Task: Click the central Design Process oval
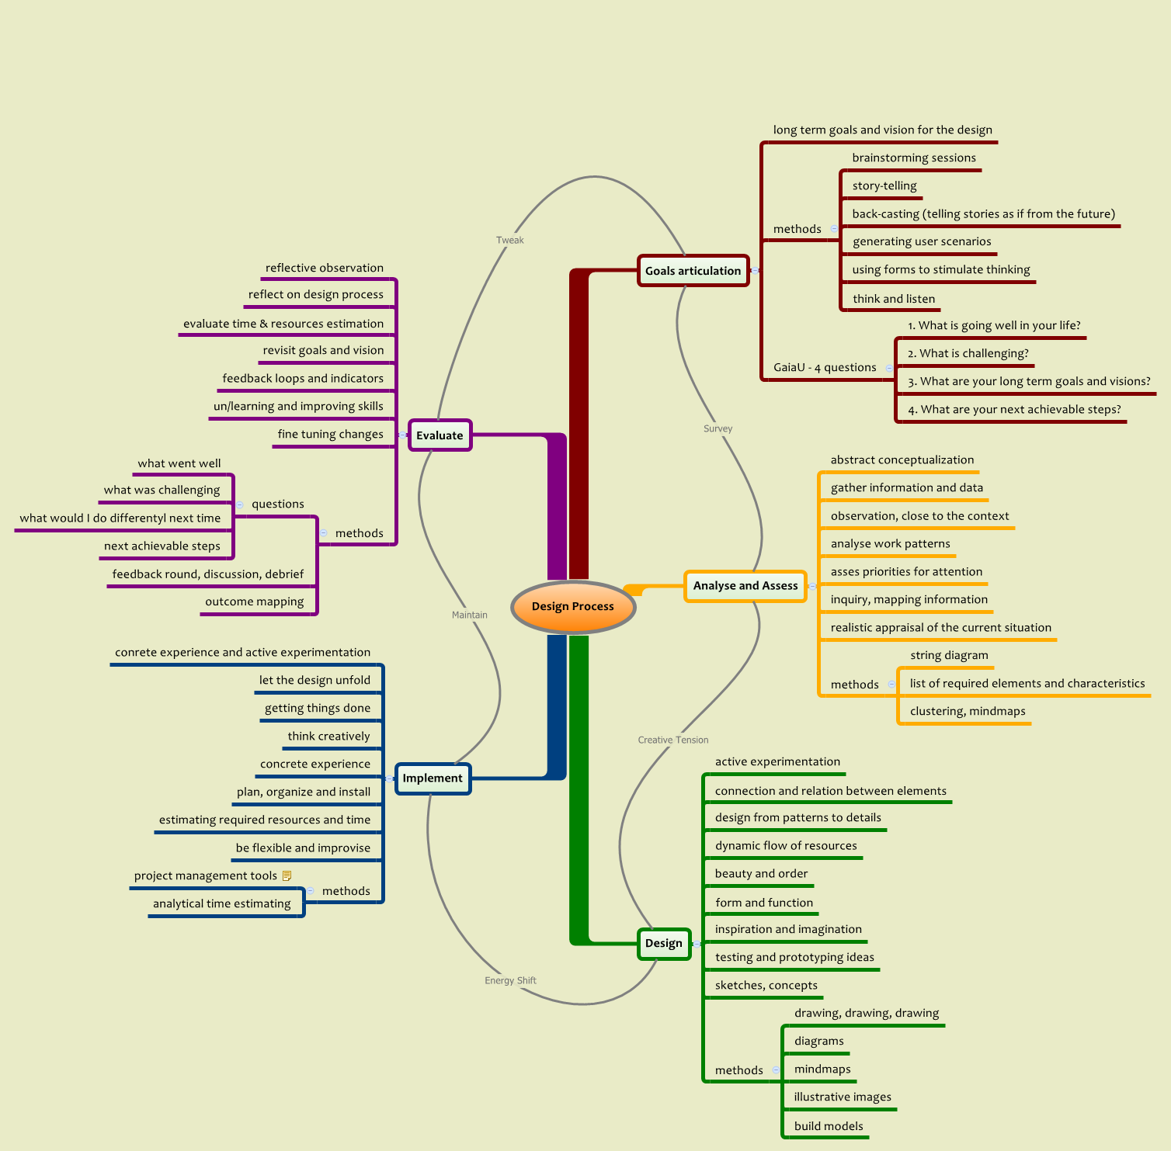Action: pyautogui.click(x=573, y=606)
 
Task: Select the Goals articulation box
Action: pyautogui.click(x=693, y=271)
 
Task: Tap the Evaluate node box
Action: pyautogui.click(x=440, y=435)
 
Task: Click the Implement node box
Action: pyautogui.click(x=433, y=778)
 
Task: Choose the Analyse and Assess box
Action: pyautogui.click(x=745, y=586)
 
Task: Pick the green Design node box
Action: pyautogui.click(x=664, y=944)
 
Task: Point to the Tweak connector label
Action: pyautogui.click(x=510, y=240)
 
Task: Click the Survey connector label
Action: pyautogui.click(x=718, y=428)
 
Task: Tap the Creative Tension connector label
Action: pyautogui.click(x=673, y=740)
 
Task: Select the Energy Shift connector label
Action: pyautogui.click(x=510, y=980)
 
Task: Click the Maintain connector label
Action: pyautogui.click(x=470, y=615)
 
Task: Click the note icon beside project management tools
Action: pyautogui.click(x=287, y=875)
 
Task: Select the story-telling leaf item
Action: pyautogui.click(x=884, y=185)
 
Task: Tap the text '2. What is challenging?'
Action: pyautogui.click(x=968, y=353)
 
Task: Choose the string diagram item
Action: pyautogui.click(x=949, y=655)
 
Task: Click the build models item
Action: pyautogui.click(x=829, y=1126)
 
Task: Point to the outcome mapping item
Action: pyautogui.click(x=255, y=602)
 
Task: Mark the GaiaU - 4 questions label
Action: pyautogui.click(x=825, y=367)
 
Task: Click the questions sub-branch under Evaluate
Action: pyautogui.click(x=277, y=504)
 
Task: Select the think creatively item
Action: pyautogui.click(x=328, y=736)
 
